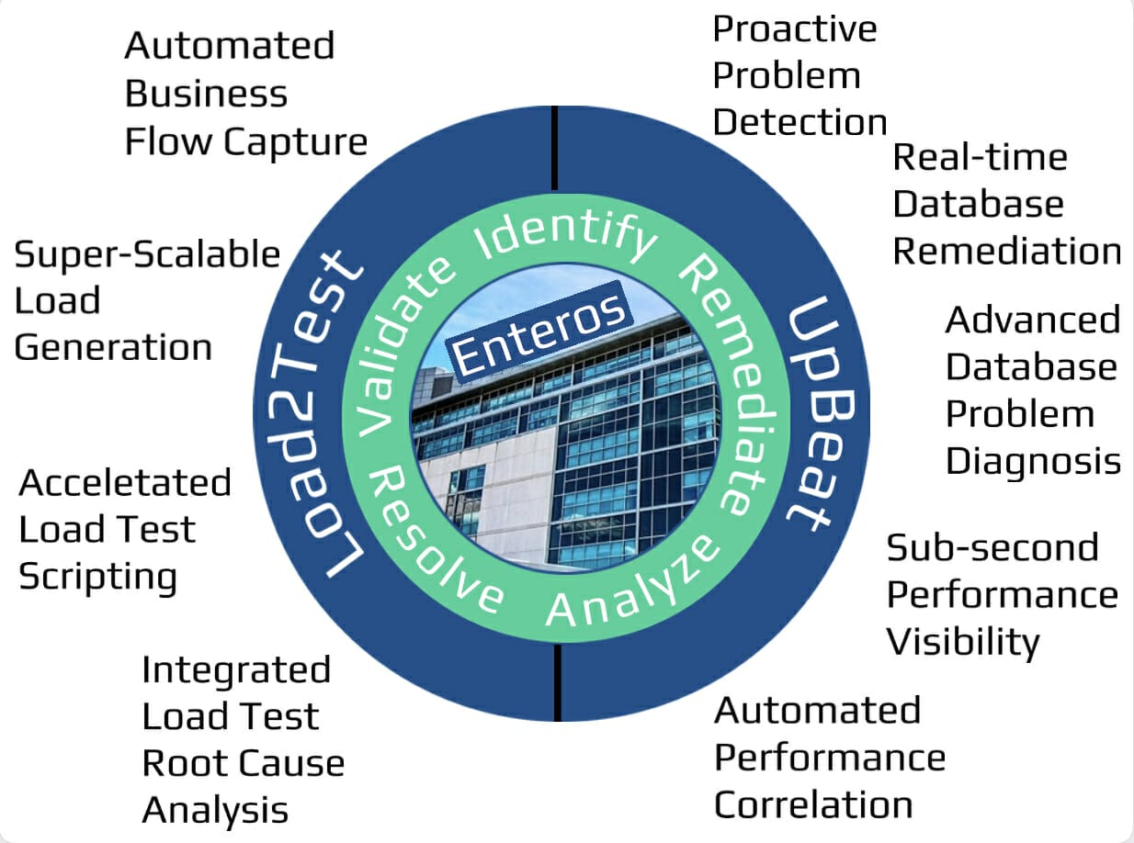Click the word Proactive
click(x=795, y=29)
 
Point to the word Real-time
click(x=980, y=158)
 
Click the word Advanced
click(x=1033, y=320)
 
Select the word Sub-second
click(x=992, y=548)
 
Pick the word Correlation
click(x=813, y=805)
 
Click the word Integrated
click(x=236, y=670)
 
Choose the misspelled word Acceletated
click(x=125, y=483)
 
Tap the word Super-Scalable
click(x=147, y=254)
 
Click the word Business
click(x=206, y=94)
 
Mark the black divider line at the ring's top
click(x=555, y=147)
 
